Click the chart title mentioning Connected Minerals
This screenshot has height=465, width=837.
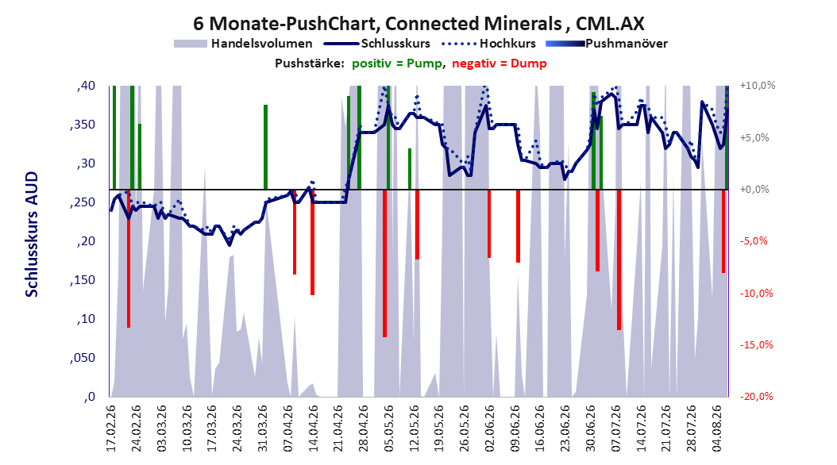click(x=418, y=24)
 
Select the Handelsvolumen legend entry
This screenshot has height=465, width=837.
click(x=244, y=44)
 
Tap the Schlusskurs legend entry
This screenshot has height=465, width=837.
click(x=377, y=44)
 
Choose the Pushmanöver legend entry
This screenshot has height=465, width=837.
click(x=607, y=44)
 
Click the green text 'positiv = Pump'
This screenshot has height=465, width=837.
click(x=397, y=63)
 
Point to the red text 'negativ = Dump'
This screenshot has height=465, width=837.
click(x=499, y=63)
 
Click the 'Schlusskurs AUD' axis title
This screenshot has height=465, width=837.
click(x=32, y=234)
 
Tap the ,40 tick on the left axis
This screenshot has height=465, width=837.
click(x=86, y=86)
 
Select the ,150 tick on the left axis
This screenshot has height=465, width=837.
click(x=83, y=280)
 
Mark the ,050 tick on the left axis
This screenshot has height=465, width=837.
click(x=83, y=358)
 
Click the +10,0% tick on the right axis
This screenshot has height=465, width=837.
click(x=758, y=86)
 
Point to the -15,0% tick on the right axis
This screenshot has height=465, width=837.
click(x=756, y=345)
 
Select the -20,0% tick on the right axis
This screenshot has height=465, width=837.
click(x=756, y=396)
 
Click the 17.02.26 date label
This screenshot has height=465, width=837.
click(x=111, y=428)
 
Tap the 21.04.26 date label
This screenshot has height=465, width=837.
click(x=337, y=428)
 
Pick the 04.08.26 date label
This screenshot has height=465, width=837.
click(x=717, y=428)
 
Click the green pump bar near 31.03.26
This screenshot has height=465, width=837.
click(x=265, y=147)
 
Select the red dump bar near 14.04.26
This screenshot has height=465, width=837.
click(x=313, y=242)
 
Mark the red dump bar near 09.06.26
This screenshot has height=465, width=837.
click(x=518, y=226)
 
